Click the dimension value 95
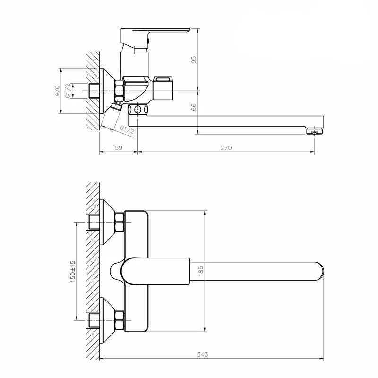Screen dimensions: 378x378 [x=194, y=60]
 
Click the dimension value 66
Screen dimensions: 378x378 [x=194, y=107]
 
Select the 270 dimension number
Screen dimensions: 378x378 [x=226, y=148]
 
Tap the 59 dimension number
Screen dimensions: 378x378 [x=119, y=148]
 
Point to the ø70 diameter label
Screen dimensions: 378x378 [x=57, y=91]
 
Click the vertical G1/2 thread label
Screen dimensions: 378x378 [x=68, y=91]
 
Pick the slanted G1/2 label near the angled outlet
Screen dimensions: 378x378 [x=127, y=129]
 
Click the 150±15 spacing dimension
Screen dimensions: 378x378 [x=73, y=271]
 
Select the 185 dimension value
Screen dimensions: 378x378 [x=201, y=271]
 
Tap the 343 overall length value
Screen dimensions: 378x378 [x=203, y=355]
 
